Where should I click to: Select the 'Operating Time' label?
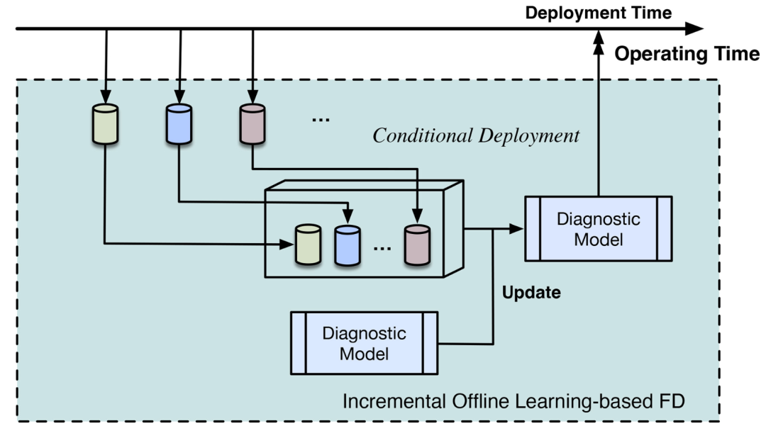coord(686,54)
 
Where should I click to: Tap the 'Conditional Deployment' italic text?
coord(476,135)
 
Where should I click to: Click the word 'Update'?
coord(531,292)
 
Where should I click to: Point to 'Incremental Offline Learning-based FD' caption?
coord(515,402)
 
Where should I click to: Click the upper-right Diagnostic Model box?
coord(598,229)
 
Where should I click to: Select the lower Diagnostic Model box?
coord(364,342)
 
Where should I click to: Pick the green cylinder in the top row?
coord(105,124)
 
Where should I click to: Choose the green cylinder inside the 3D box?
coord(309,245)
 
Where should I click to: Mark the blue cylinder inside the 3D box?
coord(348,245)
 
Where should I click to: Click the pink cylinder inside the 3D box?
coord(418,245)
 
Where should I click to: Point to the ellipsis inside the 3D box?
coord(382,249)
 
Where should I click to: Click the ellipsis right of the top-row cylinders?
coord(321,120)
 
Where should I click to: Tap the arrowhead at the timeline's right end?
coord(695,29)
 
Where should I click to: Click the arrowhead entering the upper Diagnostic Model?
coord(517,228)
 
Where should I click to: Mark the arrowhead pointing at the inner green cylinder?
coord(287,245)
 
